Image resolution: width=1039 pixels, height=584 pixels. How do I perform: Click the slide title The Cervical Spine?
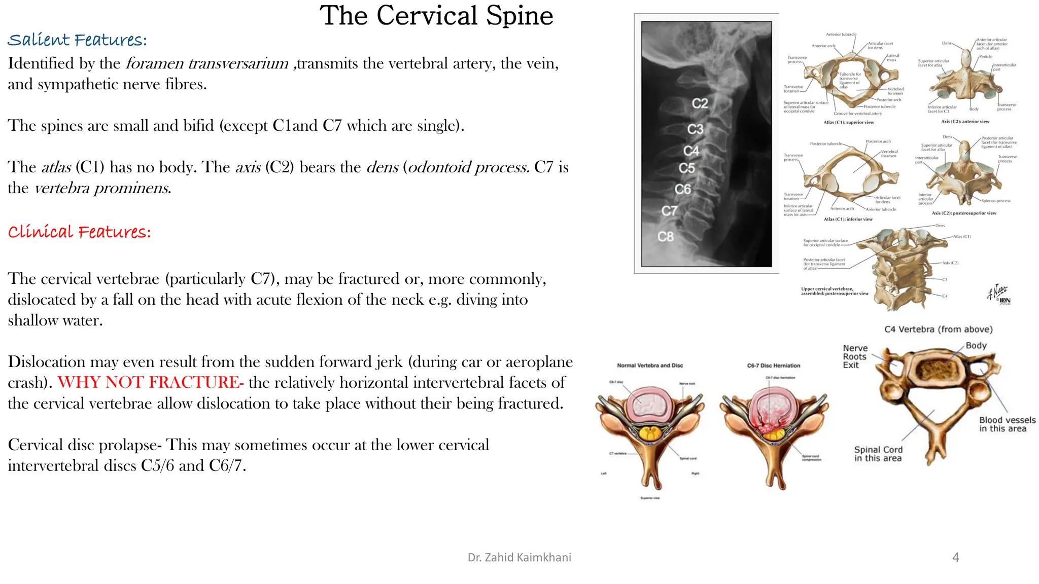click(x=436, y=16)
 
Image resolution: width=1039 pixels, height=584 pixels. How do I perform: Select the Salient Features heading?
click(x=77, y=40)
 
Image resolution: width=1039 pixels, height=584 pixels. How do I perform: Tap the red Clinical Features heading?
click(x=79, y=232)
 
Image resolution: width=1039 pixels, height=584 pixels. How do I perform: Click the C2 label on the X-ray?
click(x=700, y=103)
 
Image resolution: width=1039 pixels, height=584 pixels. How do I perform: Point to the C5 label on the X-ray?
click(x=686, y=168)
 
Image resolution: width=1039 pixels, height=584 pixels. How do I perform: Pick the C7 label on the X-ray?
click(x=669, y=211)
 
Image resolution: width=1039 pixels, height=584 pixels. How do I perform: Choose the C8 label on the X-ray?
click(x=665, y=237)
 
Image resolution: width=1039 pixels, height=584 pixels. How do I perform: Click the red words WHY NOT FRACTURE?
click(x=151, y=382)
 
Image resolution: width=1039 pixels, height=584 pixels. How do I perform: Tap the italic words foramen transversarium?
click(x=207, y=63)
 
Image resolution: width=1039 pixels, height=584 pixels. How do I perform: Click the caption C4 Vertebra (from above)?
click(x=938, y=330)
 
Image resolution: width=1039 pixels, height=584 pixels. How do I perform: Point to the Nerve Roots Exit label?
click(x=855, y=356)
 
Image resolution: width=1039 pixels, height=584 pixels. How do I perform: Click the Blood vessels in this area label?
click(x=1007, y=424)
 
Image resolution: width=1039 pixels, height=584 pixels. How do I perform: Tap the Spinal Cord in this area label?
click(x=878, y=454)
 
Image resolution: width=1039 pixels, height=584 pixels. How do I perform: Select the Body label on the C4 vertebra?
click(x=976, y=346)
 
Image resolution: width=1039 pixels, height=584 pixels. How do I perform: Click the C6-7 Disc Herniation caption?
click(x=773, y=366)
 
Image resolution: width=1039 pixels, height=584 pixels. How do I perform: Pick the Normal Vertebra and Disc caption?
click(x=650, y=366)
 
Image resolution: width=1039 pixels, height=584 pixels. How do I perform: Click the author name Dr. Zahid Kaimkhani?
click(x=519, y=558)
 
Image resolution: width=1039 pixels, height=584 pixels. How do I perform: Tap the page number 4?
click(x=955, y=558)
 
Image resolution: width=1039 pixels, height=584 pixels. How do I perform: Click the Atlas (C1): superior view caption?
click(x=848, y=122)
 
